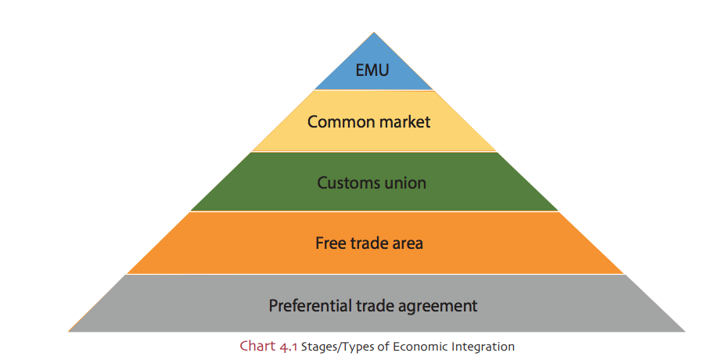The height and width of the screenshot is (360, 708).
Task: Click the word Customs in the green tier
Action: tap(347, 183)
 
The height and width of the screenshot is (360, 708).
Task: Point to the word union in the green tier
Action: tap(405, 183)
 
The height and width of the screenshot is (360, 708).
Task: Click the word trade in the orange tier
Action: tap(368, 243)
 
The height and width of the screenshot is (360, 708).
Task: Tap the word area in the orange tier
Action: tap(408, 243)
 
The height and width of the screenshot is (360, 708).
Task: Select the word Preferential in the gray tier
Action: tap(308, 305)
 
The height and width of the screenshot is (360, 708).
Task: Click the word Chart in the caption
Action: tap(257, 346)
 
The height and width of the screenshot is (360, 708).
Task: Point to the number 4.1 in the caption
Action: tap(288, 346)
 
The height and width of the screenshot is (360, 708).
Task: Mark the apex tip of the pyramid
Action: tap(374, 33)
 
